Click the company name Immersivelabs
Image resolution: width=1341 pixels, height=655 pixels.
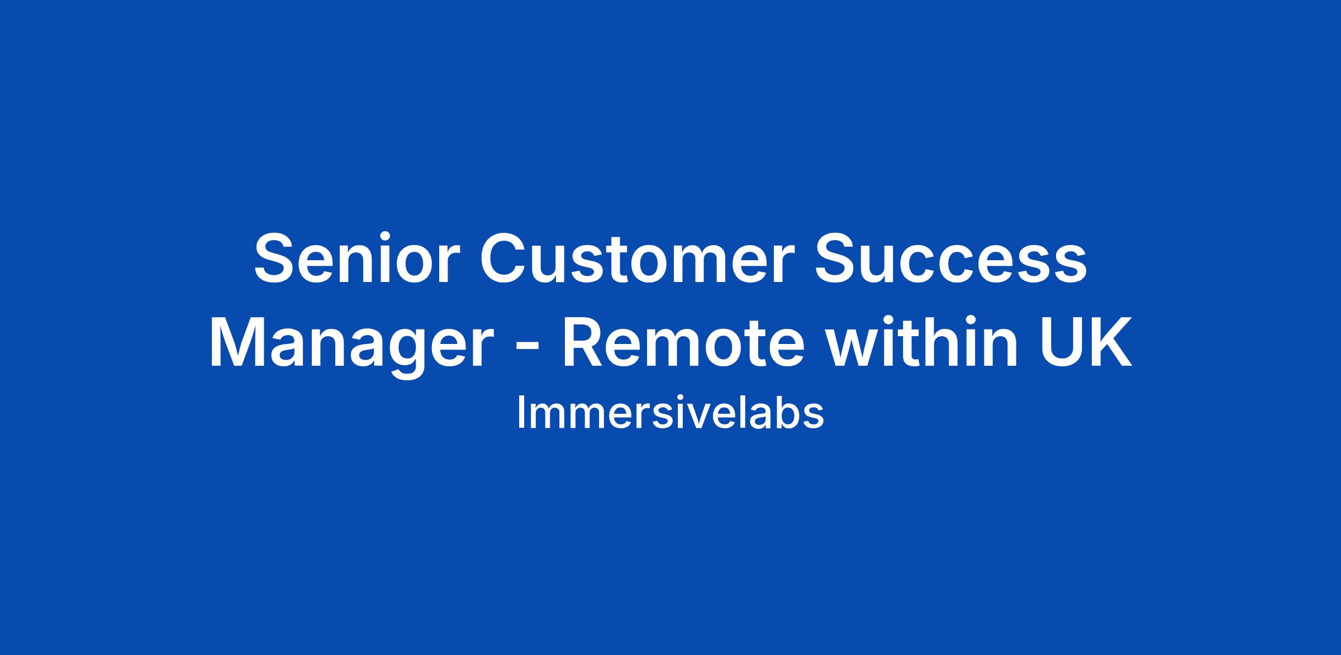tap(670, 413)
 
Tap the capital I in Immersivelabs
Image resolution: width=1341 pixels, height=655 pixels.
tap(520, 413)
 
